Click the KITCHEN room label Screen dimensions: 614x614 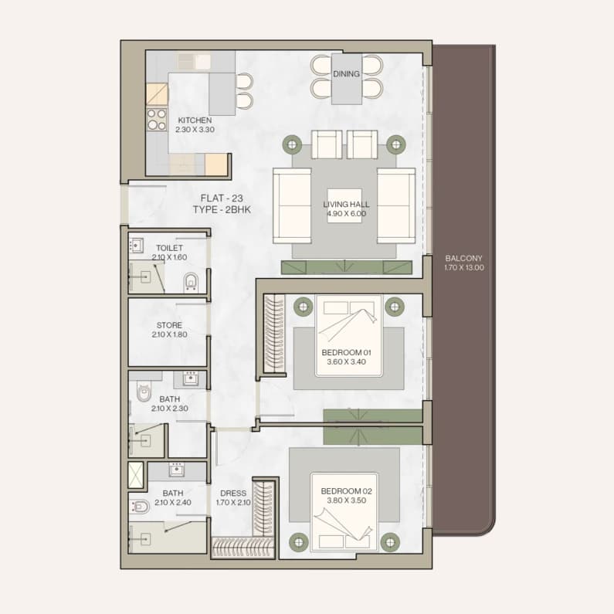coord(195,120)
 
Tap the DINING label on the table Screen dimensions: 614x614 coord(346,73)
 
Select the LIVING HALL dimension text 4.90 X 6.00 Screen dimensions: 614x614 coord(347,213)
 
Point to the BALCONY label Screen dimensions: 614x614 coord(463,258)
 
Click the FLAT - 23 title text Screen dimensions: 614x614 coord(222,198)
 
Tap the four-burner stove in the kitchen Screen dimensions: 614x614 coord(157,120)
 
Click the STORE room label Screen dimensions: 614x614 coord(169,325)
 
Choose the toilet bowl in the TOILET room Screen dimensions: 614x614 coord(191,282)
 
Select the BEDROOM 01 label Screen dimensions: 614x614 coord(346,352)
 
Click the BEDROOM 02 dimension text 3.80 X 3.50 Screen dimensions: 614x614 coord(347,500)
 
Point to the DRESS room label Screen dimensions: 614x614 coord(233,493)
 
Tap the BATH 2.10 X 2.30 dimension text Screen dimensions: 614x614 coord(170,409)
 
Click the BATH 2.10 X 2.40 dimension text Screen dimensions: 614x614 coord(173,503)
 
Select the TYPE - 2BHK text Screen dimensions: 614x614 coord(222,209)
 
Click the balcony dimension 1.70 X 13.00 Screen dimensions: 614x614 coord(464,267)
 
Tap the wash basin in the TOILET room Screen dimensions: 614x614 coord(136,246)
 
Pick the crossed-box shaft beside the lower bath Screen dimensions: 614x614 coord(136,475)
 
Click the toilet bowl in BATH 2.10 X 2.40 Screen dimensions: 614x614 coord(140,507)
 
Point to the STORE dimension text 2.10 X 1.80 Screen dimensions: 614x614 coord(170,334)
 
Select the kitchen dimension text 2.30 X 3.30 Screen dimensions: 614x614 coord(195,130)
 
